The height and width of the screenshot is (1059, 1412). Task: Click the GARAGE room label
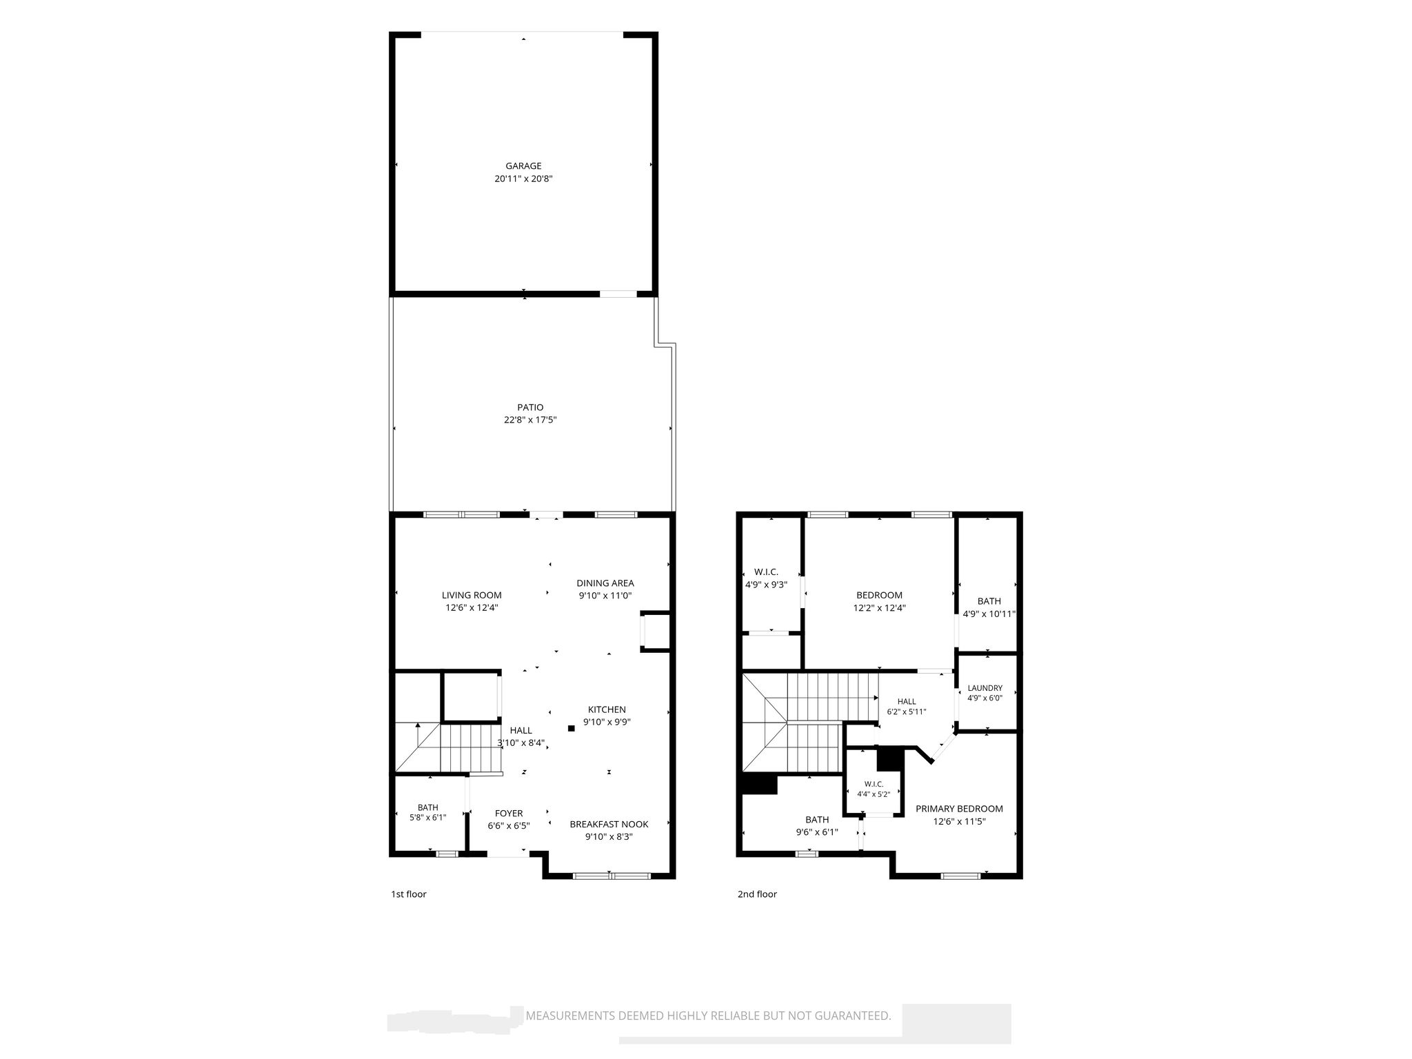523,165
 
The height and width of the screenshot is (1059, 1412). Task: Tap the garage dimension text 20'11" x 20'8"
523,179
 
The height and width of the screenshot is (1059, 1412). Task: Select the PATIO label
530,407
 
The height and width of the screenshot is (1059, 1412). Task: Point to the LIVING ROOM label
472,595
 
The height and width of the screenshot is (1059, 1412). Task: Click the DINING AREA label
605,583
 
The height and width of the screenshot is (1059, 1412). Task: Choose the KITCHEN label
607,709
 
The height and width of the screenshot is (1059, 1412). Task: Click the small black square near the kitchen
571,728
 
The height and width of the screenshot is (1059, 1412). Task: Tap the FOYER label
509,814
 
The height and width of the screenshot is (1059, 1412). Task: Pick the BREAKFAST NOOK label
609,824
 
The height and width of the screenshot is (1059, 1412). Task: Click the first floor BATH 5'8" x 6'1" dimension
427,818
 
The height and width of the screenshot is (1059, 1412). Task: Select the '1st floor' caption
409,894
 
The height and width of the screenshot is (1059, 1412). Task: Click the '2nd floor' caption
757,894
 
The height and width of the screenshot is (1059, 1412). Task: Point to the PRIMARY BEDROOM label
959,809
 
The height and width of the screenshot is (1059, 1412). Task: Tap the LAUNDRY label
985,688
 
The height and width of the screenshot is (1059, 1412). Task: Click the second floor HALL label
907,701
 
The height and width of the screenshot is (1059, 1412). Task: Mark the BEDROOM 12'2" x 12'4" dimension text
879,608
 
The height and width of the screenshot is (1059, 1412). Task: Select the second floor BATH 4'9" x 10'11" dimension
989,614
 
